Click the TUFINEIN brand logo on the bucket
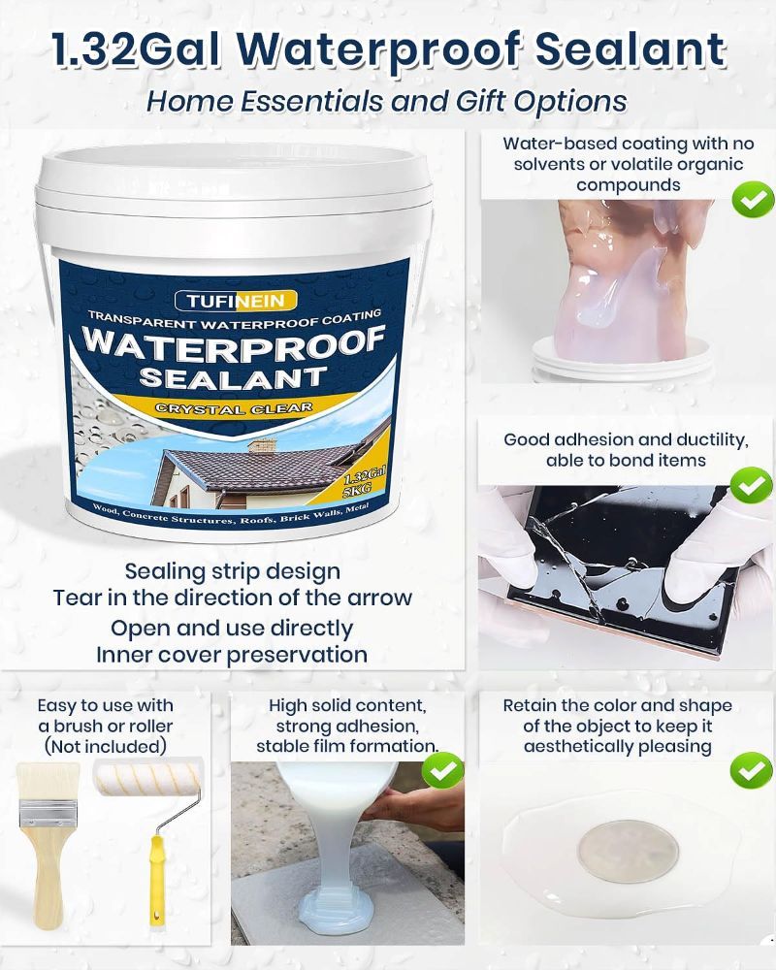(x=236, y=302)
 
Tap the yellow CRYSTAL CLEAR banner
(x=234, y=408)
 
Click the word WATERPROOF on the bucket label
(x=234, y=344)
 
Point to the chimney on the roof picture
(x=262, y=445)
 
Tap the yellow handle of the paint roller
(x=158, y=880)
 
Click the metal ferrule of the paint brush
(x=48, y=813)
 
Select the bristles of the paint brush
(x=48, y=781)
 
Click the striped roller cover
(x=148, y=778)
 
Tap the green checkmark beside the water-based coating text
(x=753, y=200)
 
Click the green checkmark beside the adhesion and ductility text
(x=751, y=485)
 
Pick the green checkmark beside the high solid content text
(x=442, y=769)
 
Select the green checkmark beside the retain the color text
(x=751, y=769)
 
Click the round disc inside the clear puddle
(x=629, y=852)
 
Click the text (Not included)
(x=105, y=746)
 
